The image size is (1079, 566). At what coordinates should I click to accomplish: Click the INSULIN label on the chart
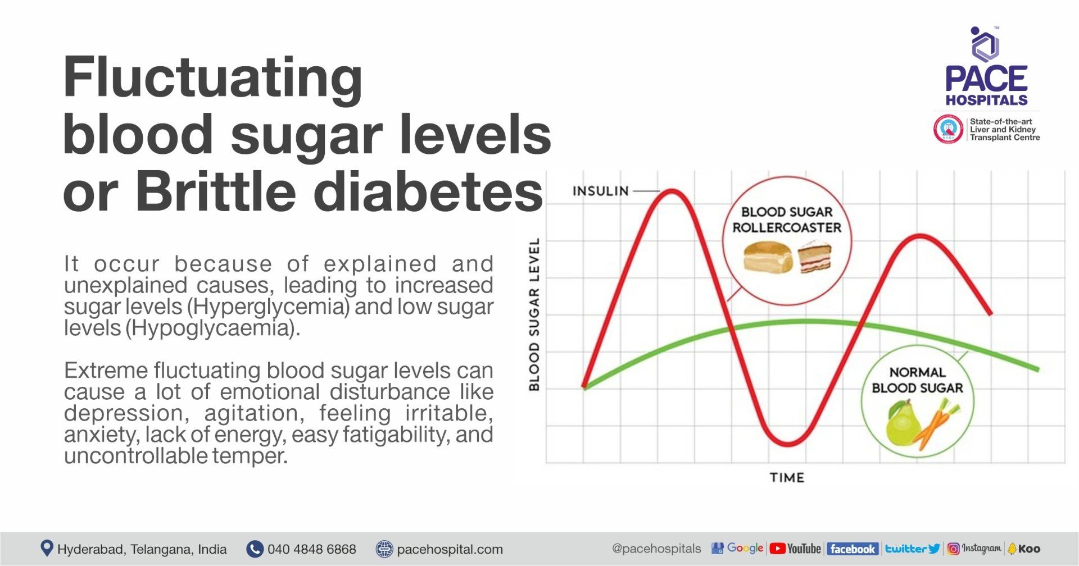click(600, 191)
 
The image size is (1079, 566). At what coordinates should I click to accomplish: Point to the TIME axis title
click(787, 478)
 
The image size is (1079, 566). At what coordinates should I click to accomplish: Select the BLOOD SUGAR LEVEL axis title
click(534, 314)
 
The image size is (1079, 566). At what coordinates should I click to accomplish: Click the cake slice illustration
click(814, 256)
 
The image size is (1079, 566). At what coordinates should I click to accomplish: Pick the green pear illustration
click(901, 423)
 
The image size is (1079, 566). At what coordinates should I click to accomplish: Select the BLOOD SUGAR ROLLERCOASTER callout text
click(787, 220)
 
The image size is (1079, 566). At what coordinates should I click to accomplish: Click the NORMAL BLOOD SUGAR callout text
click(917, 380)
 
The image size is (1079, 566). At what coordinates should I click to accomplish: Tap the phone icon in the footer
click(255, 549)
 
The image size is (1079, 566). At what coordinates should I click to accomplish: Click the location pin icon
click(47, 548)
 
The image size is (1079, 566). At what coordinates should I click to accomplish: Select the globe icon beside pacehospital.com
click(384, 549)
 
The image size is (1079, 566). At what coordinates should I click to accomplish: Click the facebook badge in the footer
click(852, 549)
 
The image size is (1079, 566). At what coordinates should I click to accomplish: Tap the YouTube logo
click(795, 549)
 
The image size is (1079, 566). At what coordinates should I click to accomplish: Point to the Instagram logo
click(974, 549)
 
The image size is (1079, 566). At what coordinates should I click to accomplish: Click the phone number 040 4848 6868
click(311, 549)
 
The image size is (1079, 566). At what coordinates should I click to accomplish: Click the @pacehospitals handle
click(656, 549)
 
